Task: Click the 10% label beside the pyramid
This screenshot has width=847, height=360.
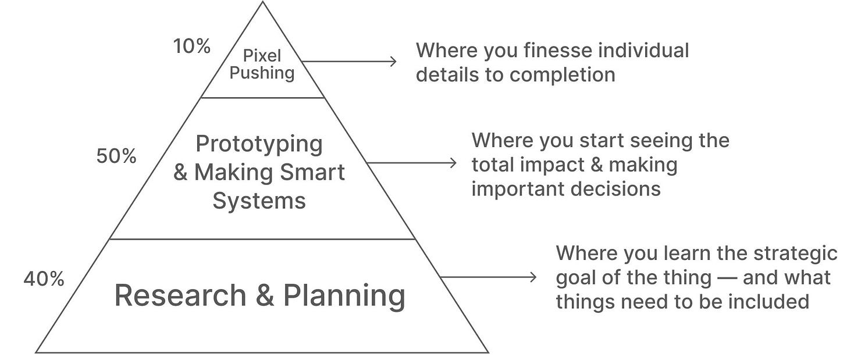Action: pos(192,47)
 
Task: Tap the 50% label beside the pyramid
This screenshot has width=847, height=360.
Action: pos(116,156)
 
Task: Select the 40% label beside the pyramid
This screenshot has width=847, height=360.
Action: pos(44,279)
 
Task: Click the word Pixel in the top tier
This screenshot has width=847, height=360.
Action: pos(262,56)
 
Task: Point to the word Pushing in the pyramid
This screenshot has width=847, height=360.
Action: pos(262,73)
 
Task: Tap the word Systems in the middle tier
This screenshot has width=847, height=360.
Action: pos(259,201)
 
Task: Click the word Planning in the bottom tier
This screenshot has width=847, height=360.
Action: pos(344,295)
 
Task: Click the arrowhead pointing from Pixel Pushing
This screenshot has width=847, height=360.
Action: pos(393,61)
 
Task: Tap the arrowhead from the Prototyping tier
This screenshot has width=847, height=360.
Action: pos(454,163)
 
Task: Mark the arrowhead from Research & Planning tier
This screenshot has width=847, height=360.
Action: pos(533,277)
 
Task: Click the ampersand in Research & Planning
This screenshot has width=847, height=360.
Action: pos(264,295)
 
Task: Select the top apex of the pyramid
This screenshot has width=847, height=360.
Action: pos(262,3)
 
